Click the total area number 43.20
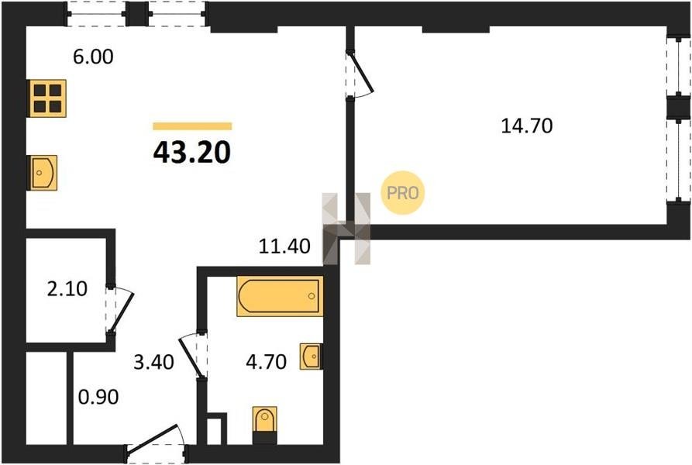tap(192, 153)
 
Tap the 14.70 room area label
tap(526, 126)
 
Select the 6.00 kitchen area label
tap(93, 57)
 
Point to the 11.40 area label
tap(284, 246)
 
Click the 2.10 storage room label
tap(67, 289)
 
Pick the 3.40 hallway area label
tap(153, 362)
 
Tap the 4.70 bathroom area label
tap(266, 362)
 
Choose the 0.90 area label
tap(98, 397)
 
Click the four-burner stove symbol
tap(47, 98)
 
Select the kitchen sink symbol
tap(43, 173)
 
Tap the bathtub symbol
tap(280, 296)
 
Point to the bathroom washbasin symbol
tap(312, 356)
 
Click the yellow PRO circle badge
tap(402, 193)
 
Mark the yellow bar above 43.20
tap(192, 126)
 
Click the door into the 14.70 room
tap(362, 74)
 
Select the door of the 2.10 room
tap(119, 310)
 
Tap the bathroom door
tap(192, 356)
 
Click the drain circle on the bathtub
tap(312, 296)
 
